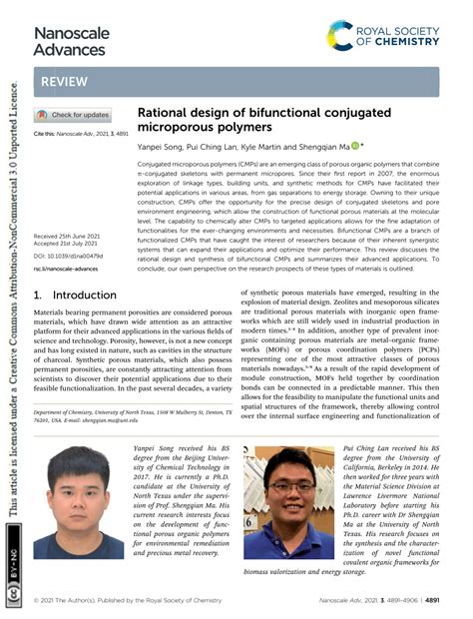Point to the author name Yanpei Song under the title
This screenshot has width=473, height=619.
point(158,145)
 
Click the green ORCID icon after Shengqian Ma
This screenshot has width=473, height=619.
point(355,145)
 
